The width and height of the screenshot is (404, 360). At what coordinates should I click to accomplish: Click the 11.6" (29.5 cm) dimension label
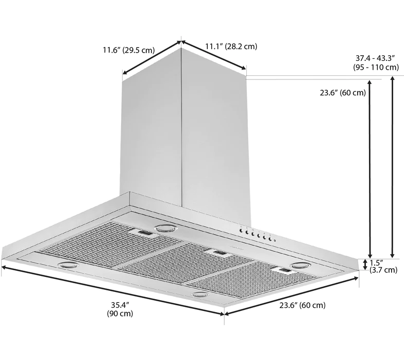coord(128,50)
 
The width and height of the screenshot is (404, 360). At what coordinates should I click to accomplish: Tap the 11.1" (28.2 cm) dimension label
coord(231,46)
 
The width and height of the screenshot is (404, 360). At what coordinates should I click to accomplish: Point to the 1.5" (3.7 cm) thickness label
coord(383,266)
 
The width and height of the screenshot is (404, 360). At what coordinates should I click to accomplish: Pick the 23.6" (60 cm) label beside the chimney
coord(342,93)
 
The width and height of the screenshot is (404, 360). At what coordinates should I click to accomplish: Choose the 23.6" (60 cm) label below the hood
coord(302,305)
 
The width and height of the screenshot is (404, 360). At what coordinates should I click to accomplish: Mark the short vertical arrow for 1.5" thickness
coord(365,265)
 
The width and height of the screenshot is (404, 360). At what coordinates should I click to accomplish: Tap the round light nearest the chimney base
coord(165,228)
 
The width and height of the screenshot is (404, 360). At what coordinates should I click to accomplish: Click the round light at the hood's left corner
coord(68,265)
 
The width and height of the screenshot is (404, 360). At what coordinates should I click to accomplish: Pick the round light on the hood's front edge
coord(199,295)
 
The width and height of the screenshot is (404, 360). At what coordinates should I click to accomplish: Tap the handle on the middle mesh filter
coord(219,253)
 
